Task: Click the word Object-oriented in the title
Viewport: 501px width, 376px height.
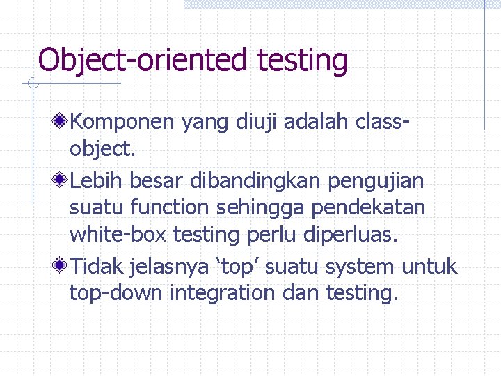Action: (143, 60)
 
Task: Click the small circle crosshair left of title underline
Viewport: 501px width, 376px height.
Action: (32, 84)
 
